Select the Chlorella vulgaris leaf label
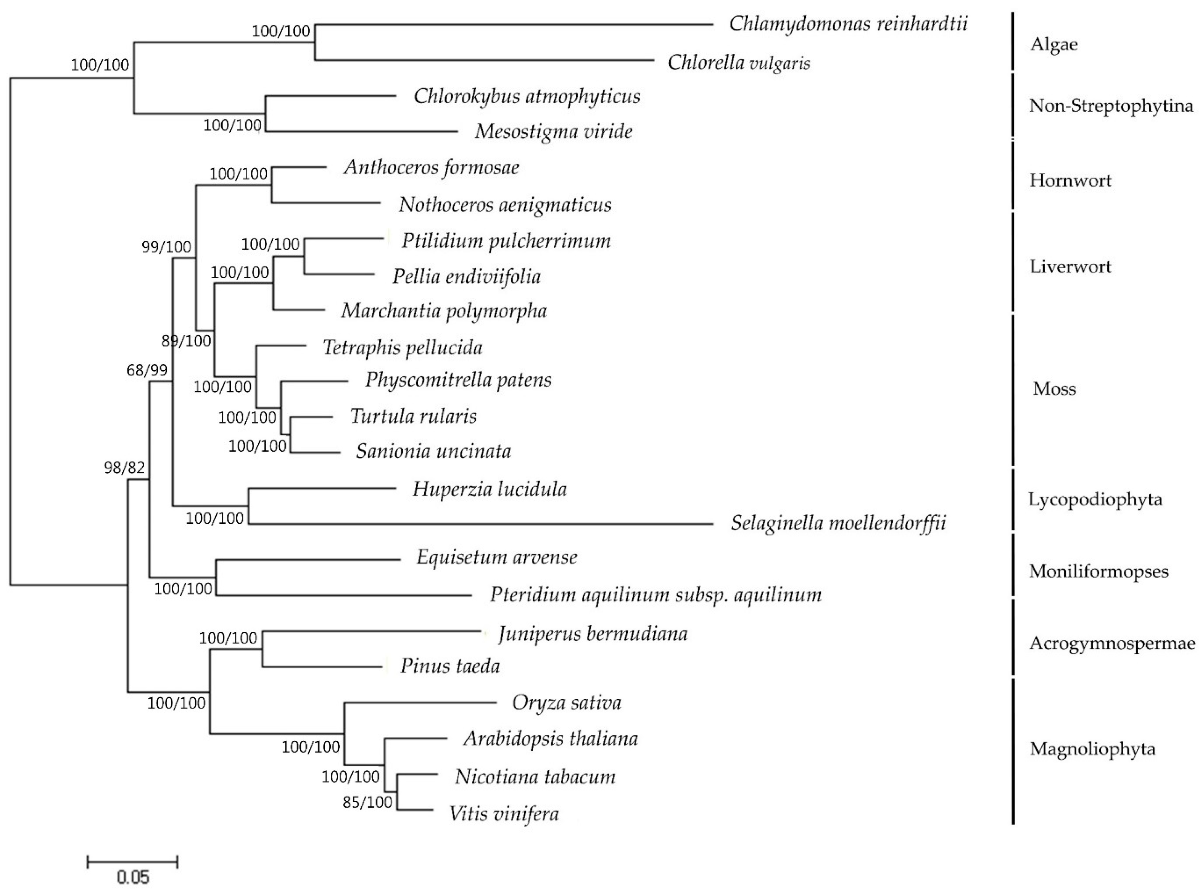point(738,63)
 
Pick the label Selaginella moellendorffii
point(838,523)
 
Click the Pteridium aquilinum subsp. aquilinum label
point(655,595)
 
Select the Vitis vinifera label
point(504,813)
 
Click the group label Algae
point(1053,44)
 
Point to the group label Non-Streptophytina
point(1111,106)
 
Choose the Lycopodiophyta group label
point(1094,499)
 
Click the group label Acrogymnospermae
point(1112,643)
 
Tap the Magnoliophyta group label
point(1092,749)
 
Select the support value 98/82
point(125,468)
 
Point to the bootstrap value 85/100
point(367,803)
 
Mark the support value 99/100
point(166,247)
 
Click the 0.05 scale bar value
point(133,877)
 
